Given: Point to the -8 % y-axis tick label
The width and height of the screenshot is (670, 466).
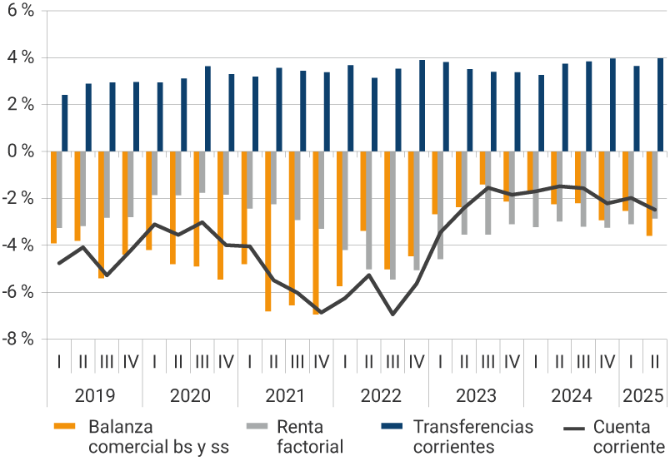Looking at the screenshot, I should click(x=19, y=339).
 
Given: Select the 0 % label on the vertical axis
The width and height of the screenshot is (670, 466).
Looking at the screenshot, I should click(x=21, y=151).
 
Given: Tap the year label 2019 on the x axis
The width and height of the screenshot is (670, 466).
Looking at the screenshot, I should click(x=95, y=395).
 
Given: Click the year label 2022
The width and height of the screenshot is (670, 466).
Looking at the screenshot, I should click(x=381, y=395).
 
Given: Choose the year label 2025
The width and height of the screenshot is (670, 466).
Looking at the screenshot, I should click(x=642, y=395).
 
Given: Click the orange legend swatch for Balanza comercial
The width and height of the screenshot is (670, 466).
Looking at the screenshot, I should click(x=66, y=427).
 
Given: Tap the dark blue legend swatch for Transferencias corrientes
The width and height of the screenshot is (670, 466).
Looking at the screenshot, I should click(x=392, y=427).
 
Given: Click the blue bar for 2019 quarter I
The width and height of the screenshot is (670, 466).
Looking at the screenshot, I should click(x=65, y=123).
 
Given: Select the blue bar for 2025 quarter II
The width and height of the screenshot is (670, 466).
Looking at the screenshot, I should click(x=661, y=105).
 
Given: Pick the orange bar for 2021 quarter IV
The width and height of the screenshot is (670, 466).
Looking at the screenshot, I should click(x=316, y=232).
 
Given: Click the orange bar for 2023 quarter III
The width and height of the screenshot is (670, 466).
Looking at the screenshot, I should click(x=482, y=168).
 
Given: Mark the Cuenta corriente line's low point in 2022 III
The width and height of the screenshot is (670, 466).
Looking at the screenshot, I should click(x=392, y=314).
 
